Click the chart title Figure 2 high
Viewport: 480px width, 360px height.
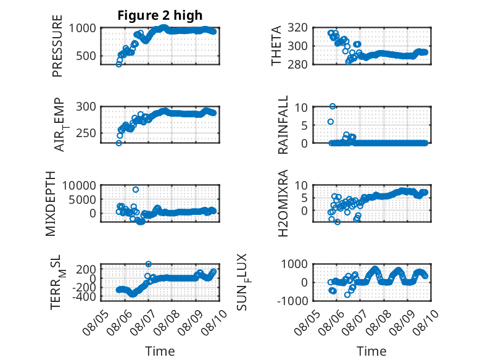[160, 15]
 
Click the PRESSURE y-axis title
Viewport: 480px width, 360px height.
[57, 46]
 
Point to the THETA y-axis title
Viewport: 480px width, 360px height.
[276, 46]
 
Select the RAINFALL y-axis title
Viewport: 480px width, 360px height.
[283, 124]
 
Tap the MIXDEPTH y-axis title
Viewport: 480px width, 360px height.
[51, 203]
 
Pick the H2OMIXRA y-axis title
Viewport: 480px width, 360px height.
[283, 203]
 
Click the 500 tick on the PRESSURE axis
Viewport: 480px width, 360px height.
[86, 56]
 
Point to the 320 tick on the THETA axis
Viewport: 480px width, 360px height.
[297, 28]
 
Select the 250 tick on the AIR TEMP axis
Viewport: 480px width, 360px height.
[86, 133]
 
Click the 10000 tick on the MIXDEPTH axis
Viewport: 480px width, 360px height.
[79, 185]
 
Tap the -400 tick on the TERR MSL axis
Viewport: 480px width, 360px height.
[84, 296]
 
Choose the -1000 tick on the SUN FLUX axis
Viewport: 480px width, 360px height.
[292, 301]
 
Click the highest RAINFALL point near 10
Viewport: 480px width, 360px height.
[333, 106]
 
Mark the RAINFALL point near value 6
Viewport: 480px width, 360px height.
[331, 122]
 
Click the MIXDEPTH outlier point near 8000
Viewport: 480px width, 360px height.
[136, 190]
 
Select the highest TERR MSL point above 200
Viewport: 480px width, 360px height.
[148, 264]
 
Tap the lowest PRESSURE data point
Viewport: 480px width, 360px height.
[119, 64]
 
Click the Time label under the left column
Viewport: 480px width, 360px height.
[160, 351]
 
